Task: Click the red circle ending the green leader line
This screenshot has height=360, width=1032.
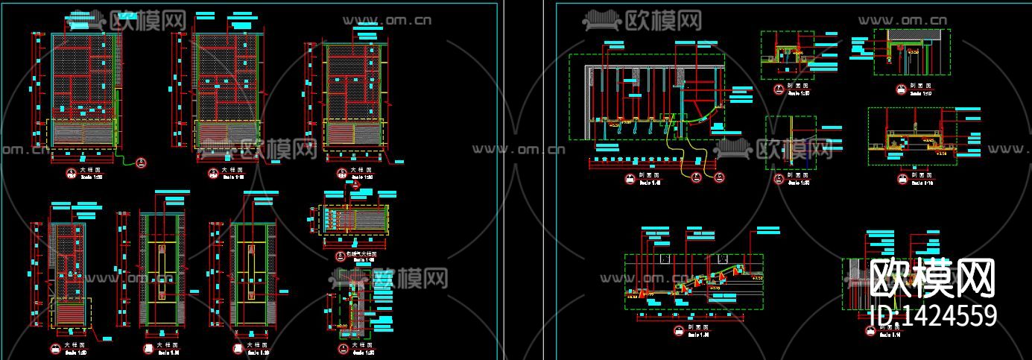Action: tap(142, 162)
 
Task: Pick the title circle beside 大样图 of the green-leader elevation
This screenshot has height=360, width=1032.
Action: tap(69, 171)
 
